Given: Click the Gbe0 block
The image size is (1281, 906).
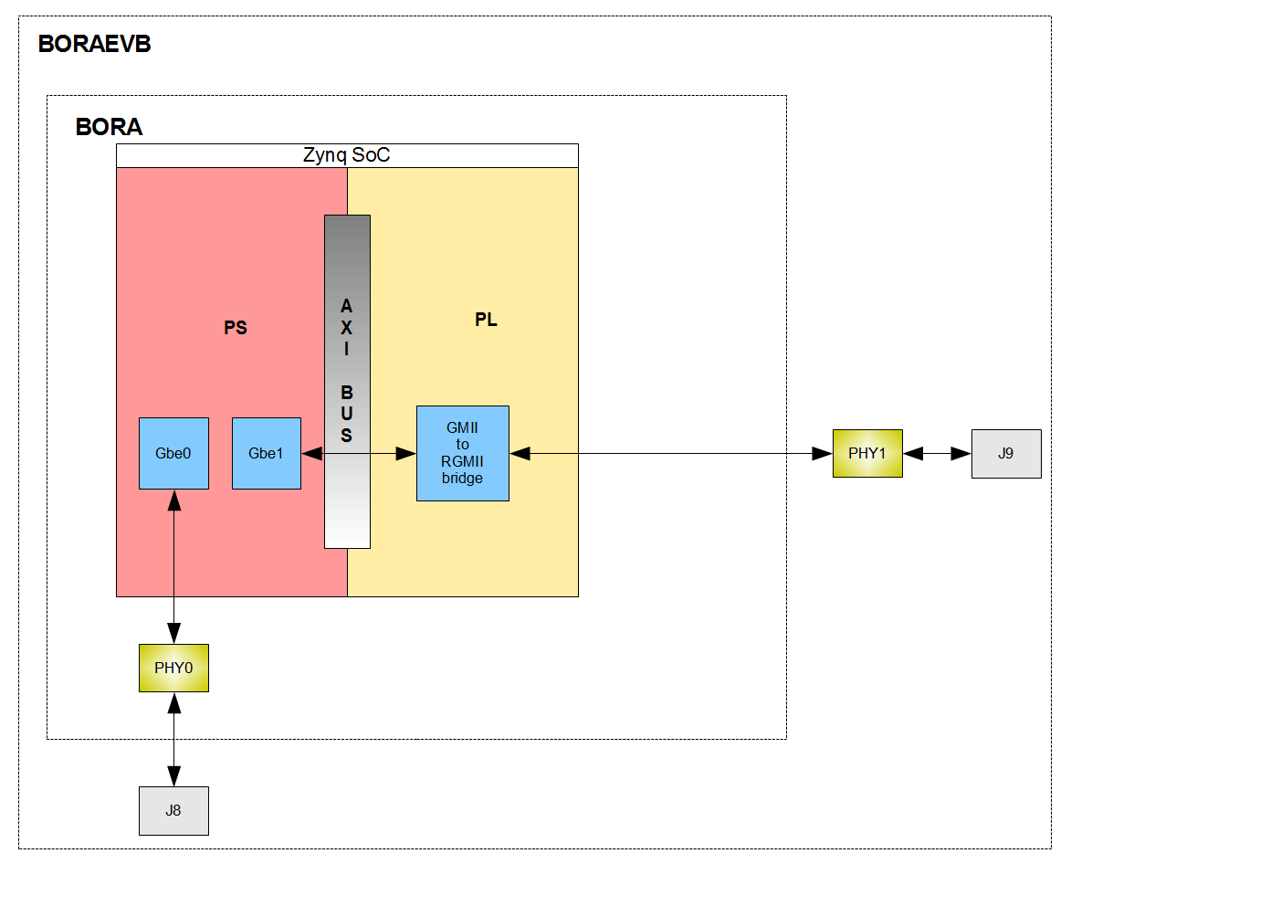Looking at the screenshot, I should pyautogui.click(x=173, y=453).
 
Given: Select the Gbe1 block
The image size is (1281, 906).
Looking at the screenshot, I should pyautogui.click(x=266, y=453).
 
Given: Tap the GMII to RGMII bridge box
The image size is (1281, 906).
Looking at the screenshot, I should pyautogui.click(x=462, y=453).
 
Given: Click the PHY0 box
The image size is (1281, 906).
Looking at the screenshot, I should pyautogui.click(x=173, y=668).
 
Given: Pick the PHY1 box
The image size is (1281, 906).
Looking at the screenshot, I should pyautogui.click(x=867, y=453).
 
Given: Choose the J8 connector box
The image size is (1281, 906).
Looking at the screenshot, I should pyautogui.click(x=173, y=810).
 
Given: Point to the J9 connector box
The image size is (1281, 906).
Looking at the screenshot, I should pyautogui.click(x=1005, y=453).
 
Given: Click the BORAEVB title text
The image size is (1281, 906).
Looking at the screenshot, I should pyautogui.click(x=94, y=44).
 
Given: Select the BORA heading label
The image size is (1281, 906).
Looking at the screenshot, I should pyautogui.click(x=109, y=127).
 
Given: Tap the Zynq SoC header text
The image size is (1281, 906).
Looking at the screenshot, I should pyautogui.click(x=346, y=155).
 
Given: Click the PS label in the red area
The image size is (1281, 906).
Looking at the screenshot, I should pyautogui.click(x=236, y=328).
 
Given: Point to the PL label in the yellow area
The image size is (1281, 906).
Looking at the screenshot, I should pyautogui.click(x=486, y=320).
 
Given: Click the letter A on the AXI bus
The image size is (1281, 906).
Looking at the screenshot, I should pyautogui.click(x=347, y=306).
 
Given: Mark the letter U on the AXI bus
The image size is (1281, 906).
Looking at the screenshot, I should pyautogui.click(x=347, y=414).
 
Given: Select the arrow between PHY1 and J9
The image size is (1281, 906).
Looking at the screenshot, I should pyautogui.click(x=937, y=453).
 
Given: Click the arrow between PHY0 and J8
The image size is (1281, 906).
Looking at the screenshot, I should pyautogui.click(x=173, y=739).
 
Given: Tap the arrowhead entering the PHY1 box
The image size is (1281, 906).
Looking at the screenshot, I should pyautogui.click(x=823, y=453).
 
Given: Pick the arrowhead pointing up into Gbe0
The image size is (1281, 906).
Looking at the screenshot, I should pyautogui.click(x=173, y=500).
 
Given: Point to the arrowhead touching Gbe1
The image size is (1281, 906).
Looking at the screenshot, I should pyautogui.click(x=312, y=453).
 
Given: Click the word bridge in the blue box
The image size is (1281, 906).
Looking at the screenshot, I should pyautogui.click(x=462, y=478).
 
